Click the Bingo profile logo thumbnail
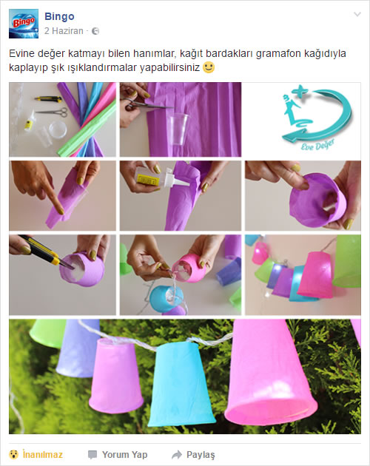(24, 24)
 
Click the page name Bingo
(59, 16)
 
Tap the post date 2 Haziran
(64, 31)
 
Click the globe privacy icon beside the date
(95, 31)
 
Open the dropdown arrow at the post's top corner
(357, 14)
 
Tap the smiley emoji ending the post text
(209, 67)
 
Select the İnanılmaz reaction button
(36, 454)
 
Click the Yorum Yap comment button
(118, 454)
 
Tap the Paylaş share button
(193, 454)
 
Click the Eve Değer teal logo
(316, 118)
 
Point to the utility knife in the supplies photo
(48, 98)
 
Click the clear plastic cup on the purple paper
(178, 129)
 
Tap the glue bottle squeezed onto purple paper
(161, 178)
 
